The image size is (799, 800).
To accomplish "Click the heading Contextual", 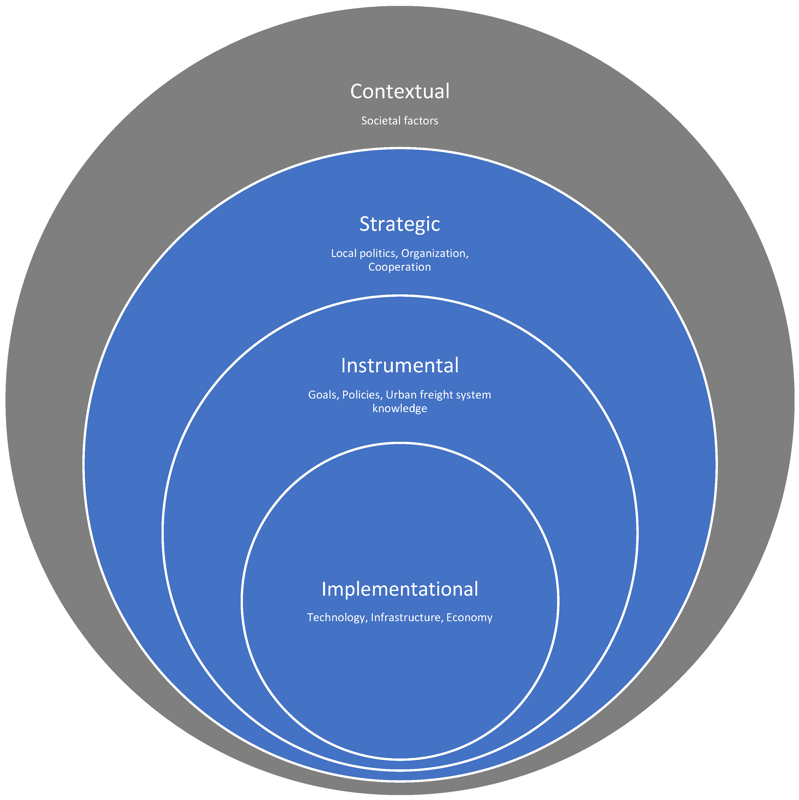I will pos(399,92).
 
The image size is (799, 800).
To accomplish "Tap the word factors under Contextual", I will pos(419,121).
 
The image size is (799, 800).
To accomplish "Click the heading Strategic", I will pos(399,224).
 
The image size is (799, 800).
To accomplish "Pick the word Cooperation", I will pos(399,267).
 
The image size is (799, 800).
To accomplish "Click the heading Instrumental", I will pos(399,366).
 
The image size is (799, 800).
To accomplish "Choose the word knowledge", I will pos(399,409).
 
